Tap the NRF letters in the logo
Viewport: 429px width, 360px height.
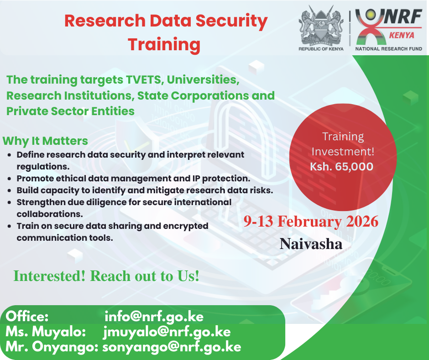point(402,16)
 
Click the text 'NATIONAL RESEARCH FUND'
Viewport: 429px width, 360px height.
point(388,49)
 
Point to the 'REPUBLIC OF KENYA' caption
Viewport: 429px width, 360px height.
point(321,49)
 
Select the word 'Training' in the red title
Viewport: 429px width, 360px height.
point(164,45)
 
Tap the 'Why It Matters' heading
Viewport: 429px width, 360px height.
point(45,141)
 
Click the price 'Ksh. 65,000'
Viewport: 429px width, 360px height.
point(341,167)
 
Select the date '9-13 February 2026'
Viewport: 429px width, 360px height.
point(311,222)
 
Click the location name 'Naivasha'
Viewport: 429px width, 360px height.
point(311,244)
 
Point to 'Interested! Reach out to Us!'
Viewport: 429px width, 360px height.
point(106,276)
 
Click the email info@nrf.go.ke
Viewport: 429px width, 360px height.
point(154,317)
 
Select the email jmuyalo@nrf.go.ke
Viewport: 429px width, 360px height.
point(167,332)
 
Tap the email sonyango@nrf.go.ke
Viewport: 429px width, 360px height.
point(172,347)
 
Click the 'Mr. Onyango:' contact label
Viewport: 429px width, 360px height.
point(52,347)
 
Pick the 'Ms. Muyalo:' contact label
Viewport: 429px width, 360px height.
point(46,332)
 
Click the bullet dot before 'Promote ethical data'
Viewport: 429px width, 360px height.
point(10,179)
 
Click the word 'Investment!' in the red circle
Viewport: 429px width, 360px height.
point(343,152)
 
